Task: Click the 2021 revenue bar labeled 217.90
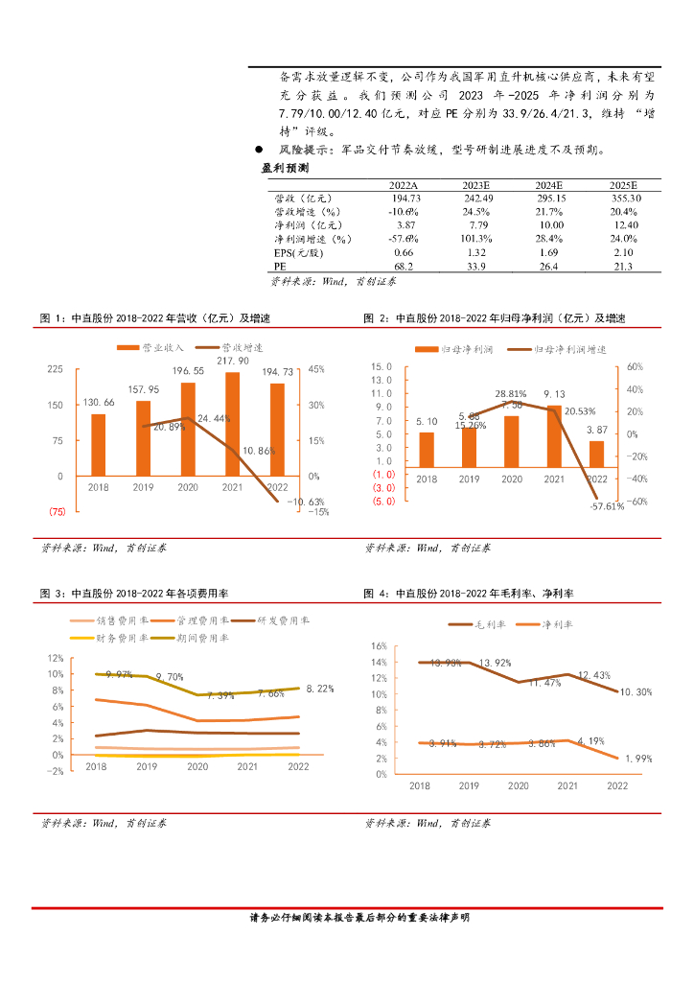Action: [234, 423]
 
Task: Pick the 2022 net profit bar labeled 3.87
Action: [596, 452]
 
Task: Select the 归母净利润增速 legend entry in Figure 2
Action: [565, 350]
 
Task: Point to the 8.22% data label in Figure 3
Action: [320, 689]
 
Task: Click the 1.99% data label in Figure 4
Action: [638, 759]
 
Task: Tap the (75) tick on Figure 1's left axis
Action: [57, 512]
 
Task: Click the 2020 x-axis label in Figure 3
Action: [197, 766]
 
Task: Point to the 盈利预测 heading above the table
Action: [285, 167]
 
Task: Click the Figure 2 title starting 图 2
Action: [494, 317]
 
